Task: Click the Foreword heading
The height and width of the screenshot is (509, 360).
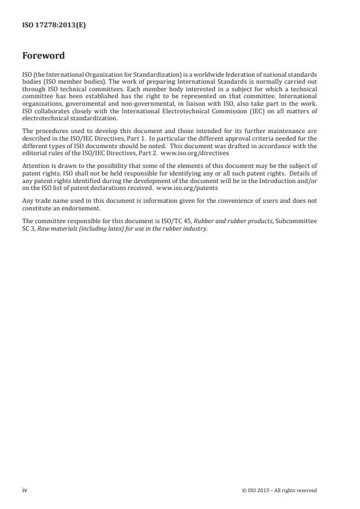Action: tap(44, 56)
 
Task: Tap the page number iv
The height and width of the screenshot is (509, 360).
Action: tap(24, 490)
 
